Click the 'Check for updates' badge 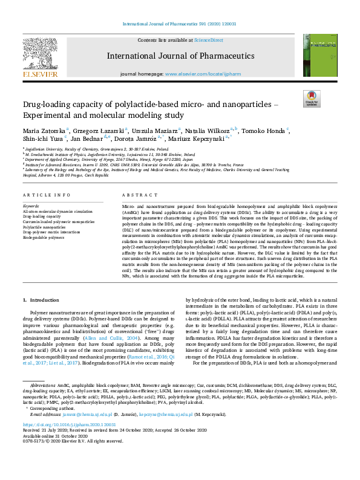[x=311, y=99]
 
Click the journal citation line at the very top [x=180, y=24]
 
